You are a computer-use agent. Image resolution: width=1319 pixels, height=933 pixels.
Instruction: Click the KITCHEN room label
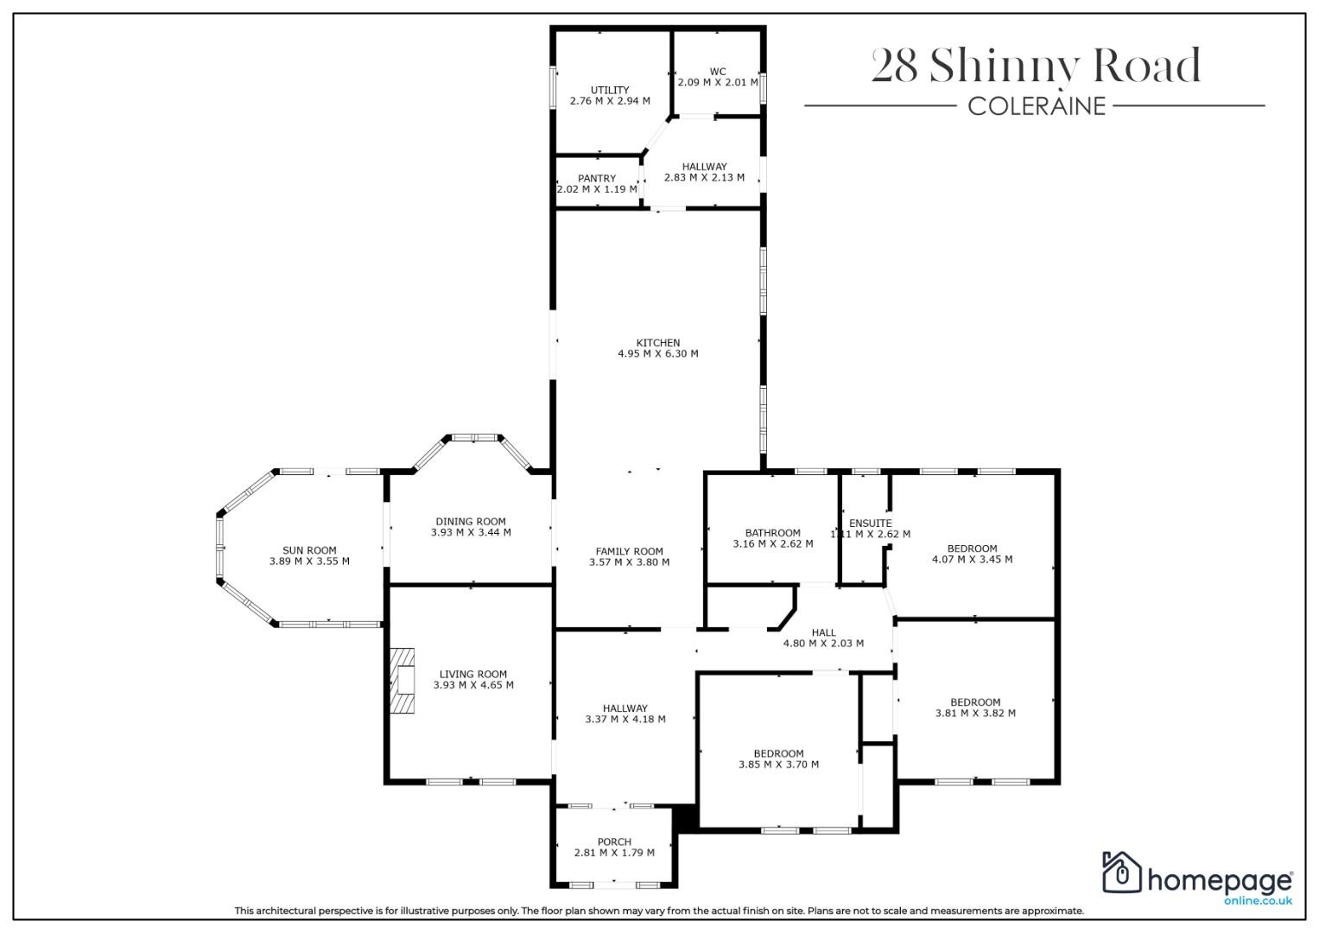pyautogui.click(x=657, y=343)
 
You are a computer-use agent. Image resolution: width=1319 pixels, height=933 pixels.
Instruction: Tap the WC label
pyautogui.click(x=718, y=72)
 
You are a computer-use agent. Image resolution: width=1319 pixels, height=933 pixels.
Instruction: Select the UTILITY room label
pyautogui.click(x=610, y=90)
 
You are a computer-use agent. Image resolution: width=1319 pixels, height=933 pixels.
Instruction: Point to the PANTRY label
pyautogui.click(x=597, y=179)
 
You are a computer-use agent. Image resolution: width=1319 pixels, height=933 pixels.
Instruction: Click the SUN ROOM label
pyautogui.click(x=309, y=551)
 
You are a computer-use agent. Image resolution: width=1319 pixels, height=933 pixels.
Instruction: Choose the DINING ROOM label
pyautogui.click(x=471, y=522)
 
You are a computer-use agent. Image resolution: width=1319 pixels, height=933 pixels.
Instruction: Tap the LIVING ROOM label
pyautogui.click(x=472, y=675)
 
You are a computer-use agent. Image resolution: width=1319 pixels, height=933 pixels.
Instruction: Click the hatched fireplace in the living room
pyautogui.click(x=403, y=681)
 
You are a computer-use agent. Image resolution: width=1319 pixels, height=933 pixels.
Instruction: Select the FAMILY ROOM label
pyautogui.click(x=629, y=552)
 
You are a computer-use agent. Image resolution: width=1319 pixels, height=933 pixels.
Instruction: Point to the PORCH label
pyautogui.click(x=614, y=842)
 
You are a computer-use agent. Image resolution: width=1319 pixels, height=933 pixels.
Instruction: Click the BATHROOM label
pyautogui.click(x=772, y=533)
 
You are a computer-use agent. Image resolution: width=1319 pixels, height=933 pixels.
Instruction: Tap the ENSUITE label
pyautogui.click(x=871, y=524)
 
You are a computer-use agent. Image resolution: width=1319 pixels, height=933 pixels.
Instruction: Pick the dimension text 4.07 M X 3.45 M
pyautogui.click(x=972, y=560)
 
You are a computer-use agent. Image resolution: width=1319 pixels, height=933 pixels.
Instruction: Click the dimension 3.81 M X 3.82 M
pyautogui.click(x=975, y=714)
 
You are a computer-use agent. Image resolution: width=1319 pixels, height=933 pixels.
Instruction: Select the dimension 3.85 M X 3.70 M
pyautogui.click(x=778, y=765)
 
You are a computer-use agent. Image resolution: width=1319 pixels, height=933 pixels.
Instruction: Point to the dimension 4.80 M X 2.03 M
pyautogui.click(x=823, y=644)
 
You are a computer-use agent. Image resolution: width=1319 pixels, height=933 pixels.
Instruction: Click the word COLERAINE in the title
pyautogui.click(x=1037, y=106)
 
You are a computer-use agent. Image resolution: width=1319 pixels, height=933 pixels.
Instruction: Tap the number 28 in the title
pyautogui.click(x=894, y=66)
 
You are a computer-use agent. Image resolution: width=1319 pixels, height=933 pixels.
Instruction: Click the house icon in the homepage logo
pyautogui.click(x=1122, y=873)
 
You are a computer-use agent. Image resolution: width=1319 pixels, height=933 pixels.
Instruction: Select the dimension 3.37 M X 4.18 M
pyautogui.click(x=625, y=719)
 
